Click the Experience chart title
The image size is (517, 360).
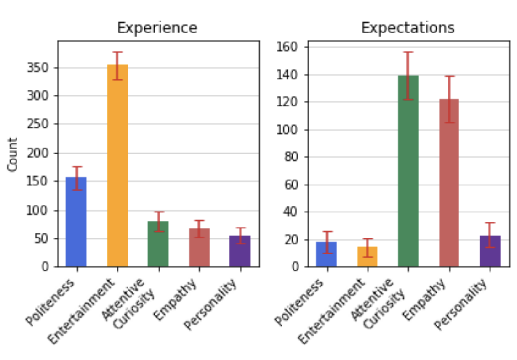[x=157, y=28]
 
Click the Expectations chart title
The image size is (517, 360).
[x=408, y=28]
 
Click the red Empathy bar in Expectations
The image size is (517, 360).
[x=449, y=183]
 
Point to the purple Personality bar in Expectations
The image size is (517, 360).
[x=490, y=251]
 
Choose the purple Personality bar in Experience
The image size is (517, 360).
[x=240, y=251]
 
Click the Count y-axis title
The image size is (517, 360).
[x=13, y=154]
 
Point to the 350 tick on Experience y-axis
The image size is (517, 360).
[x=40, y=68]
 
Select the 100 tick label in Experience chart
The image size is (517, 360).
[x=40, y=211]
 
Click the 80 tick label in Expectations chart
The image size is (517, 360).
[x=292, y=157]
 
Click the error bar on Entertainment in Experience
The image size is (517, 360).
[x=117, y=66]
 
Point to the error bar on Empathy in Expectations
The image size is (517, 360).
[x=449, y=99]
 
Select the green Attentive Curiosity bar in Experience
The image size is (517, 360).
[x=158, y=244]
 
